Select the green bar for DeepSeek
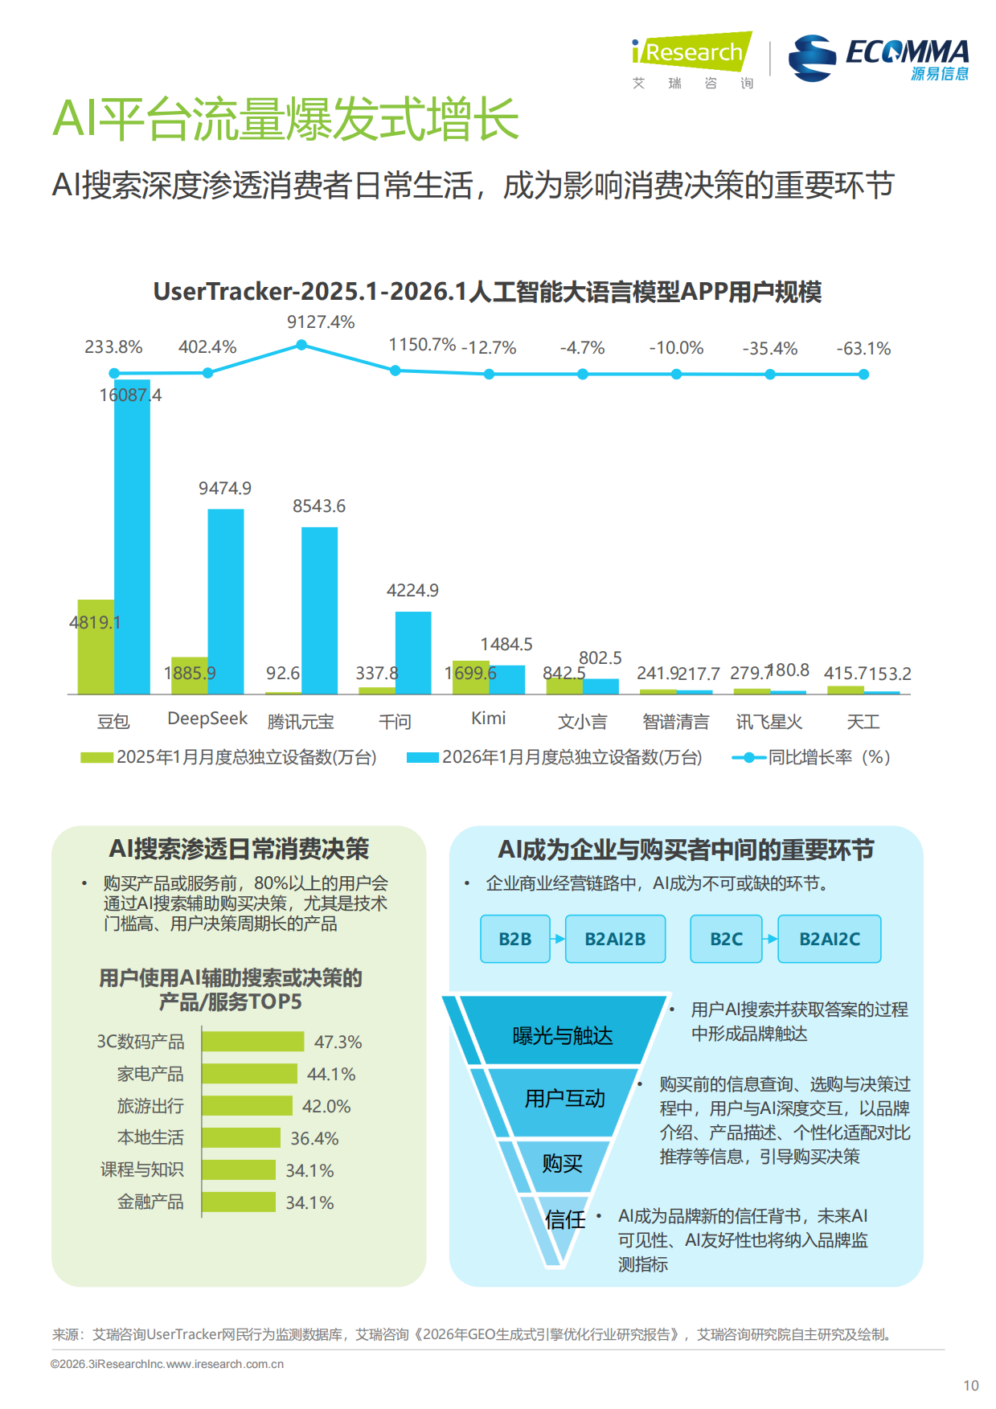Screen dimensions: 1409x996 [x=189, y=676]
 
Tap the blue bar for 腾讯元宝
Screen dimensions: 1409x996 [x=319, y=610]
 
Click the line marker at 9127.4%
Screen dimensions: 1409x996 [x=301, y=345]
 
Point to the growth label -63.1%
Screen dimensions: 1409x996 [x=863, y=349]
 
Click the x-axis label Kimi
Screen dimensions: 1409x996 [x=488, y=719]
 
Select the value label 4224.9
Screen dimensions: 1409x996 [x=412, y=591]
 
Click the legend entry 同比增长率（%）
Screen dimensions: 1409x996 [x=812, y=757]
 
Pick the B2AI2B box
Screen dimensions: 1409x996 [x=615, y=939]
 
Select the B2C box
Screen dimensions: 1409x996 [x=726, y=939]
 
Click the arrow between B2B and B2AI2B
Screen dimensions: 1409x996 [x=558, y=939]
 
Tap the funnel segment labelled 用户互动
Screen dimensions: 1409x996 [x=564, y=1100]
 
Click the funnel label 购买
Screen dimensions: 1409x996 [x=562, y=1164]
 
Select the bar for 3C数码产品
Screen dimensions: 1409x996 [x=252, y=1042]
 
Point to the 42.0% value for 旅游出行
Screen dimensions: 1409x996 [x=326, y=1107]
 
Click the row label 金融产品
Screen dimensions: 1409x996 [x=150, y=1202]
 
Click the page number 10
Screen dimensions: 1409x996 [x=971, y=1386]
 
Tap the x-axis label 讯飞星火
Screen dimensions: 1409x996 [x=769, y=722]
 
